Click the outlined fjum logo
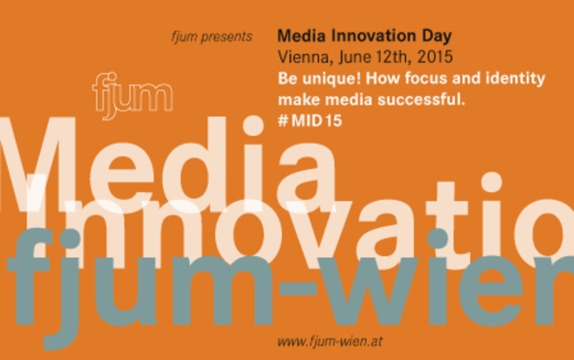[x=132, y=96]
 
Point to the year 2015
[x=435, y=57]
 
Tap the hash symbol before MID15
[x=283, y=121]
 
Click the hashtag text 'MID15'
[x=317, y=121]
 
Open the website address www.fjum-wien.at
[x=330, y=342]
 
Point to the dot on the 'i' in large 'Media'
[x=254, y=125]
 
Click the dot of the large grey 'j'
[x=70, y=239]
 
